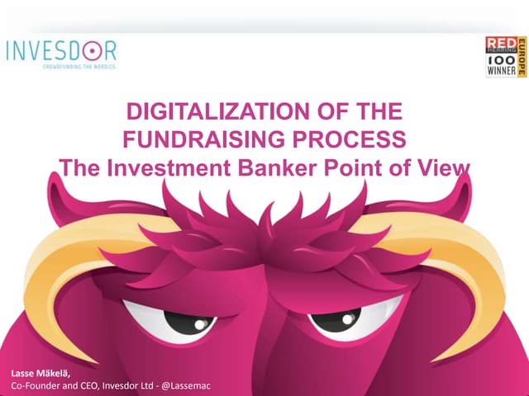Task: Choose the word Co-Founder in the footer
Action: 35,385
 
